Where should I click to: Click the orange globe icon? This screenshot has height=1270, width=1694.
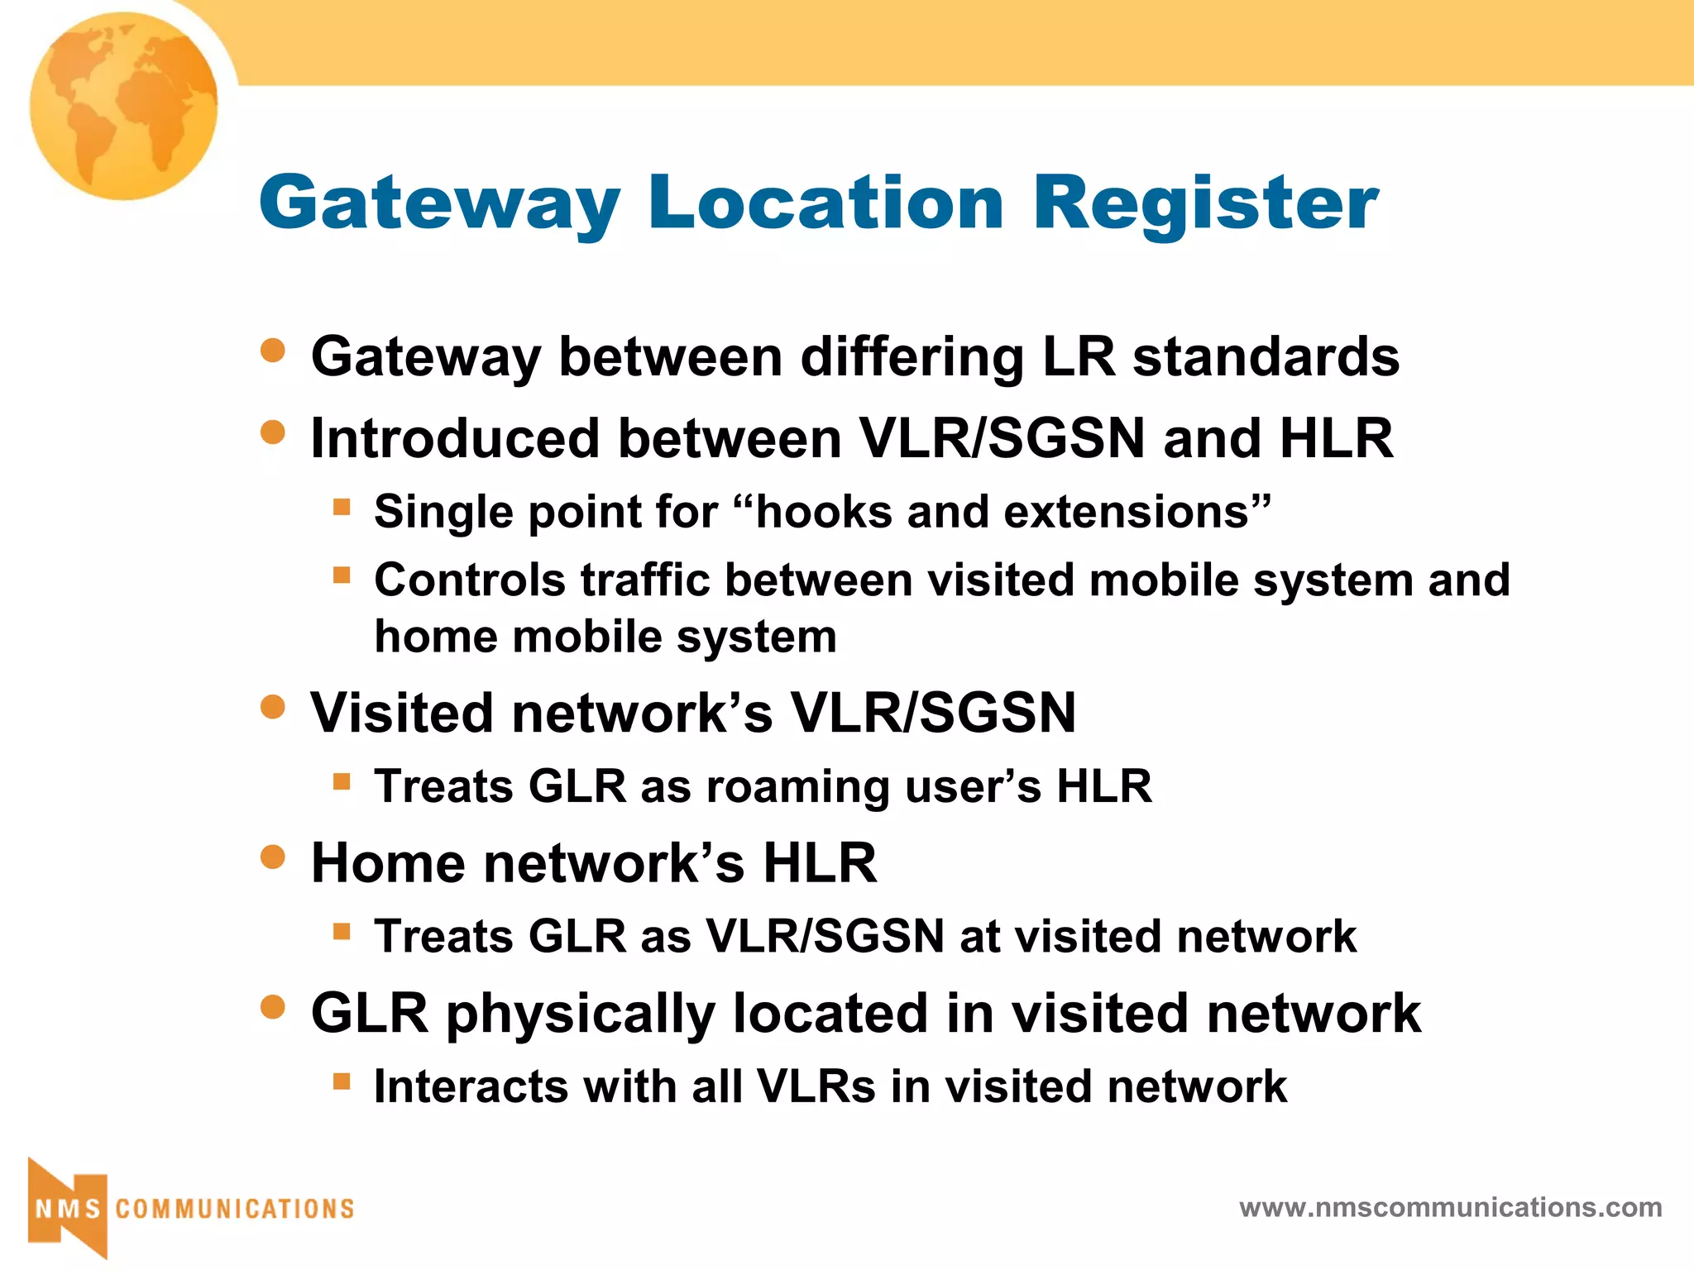[124, 106]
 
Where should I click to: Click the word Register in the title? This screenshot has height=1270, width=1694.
[1205, 203]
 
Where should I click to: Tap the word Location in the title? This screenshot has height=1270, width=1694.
[825, 203]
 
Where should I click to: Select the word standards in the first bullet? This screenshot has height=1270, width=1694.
[1266, 357]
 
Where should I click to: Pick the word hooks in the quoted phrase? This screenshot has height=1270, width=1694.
[823, 512]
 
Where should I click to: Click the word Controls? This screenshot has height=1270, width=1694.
[470, 580]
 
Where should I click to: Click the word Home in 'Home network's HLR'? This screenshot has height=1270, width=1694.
[388, 863]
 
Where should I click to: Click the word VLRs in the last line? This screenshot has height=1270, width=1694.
[816, 1086]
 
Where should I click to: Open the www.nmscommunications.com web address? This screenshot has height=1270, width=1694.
[1450, 1207]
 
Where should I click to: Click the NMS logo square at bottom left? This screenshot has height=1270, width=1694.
[68, 1208]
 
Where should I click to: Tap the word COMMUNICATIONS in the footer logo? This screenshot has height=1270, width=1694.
[235, 1209]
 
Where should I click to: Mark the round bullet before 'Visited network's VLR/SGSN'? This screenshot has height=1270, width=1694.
[272, 707]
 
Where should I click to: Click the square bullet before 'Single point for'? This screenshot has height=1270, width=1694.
[342, 506]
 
